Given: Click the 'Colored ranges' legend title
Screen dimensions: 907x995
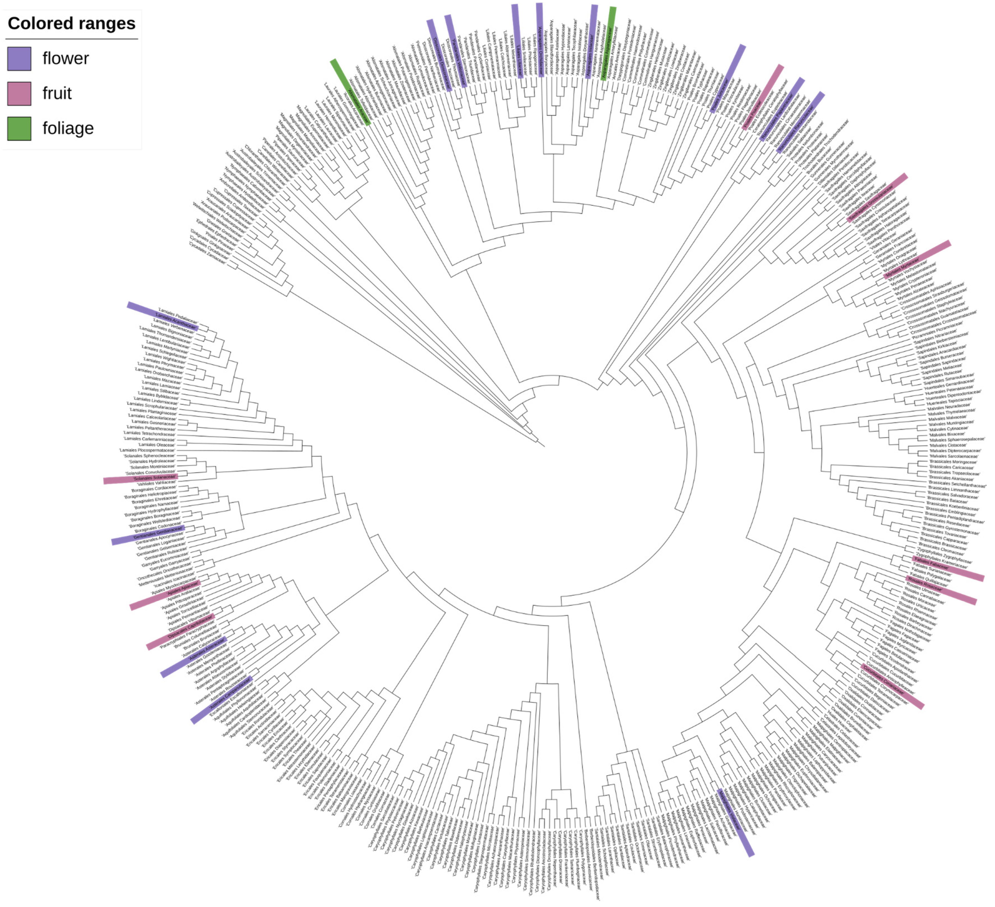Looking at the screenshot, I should click(x=71, y=23).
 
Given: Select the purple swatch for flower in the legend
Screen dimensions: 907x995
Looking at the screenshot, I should click(x=19, y=58).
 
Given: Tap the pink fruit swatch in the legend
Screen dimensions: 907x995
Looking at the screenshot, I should click(x=19, y=93).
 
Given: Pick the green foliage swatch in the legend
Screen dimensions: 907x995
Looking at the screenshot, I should click(x=19, y=128).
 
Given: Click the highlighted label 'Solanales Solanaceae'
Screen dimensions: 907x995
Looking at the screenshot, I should click(x=154, y=478).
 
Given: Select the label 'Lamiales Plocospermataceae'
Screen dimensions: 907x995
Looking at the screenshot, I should click(x=147, y=450).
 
